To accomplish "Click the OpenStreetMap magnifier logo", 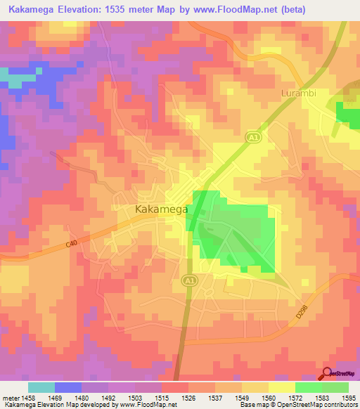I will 326,374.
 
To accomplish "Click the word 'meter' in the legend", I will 11,397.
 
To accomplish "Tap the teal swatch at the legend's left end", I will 41,387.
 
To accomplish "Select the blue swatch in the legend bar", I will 68,387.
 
